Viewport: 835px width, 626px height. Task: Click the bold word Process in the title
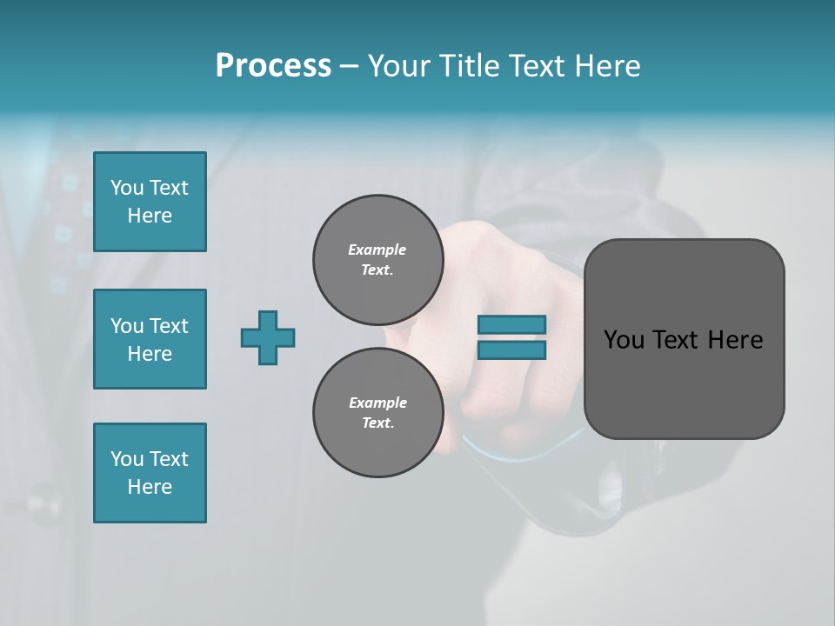pos(273,66)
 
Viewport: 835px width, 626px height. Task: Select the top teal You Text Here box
pos(150,202)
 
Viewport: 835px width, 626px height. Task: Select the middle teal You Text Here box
pos(150,339)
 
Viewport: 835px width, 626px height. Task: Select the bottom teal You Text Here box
pos(150,473)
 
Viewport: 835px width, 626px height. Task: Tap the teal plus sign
pos(268,337)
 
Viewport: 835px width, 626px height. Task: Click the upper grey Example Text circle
pos(377,260)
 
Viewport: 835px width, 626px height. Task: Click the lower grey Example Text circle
pos(377,412)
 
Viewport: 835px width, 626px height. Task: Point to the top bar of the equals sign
pos(511,325)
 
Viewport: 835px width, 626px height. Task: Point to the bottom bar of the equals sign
pos(511,350)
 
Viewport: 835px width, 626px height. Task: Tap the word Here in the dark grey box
pos(735,340)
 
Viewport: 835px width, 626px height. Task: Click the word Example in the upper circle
pos(377,250)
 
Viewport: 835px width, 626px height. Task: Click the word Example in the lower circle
pos(377,403)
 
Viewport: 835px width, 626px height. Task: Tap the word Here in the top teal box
pos(150,216)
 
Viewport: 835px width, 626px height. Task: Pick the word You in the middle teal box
pos(126,326)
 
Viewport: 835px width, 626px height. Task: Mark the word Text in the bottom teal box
pos(169,459)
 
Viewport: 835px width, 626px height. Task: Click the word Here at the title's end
pos(608,66)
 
